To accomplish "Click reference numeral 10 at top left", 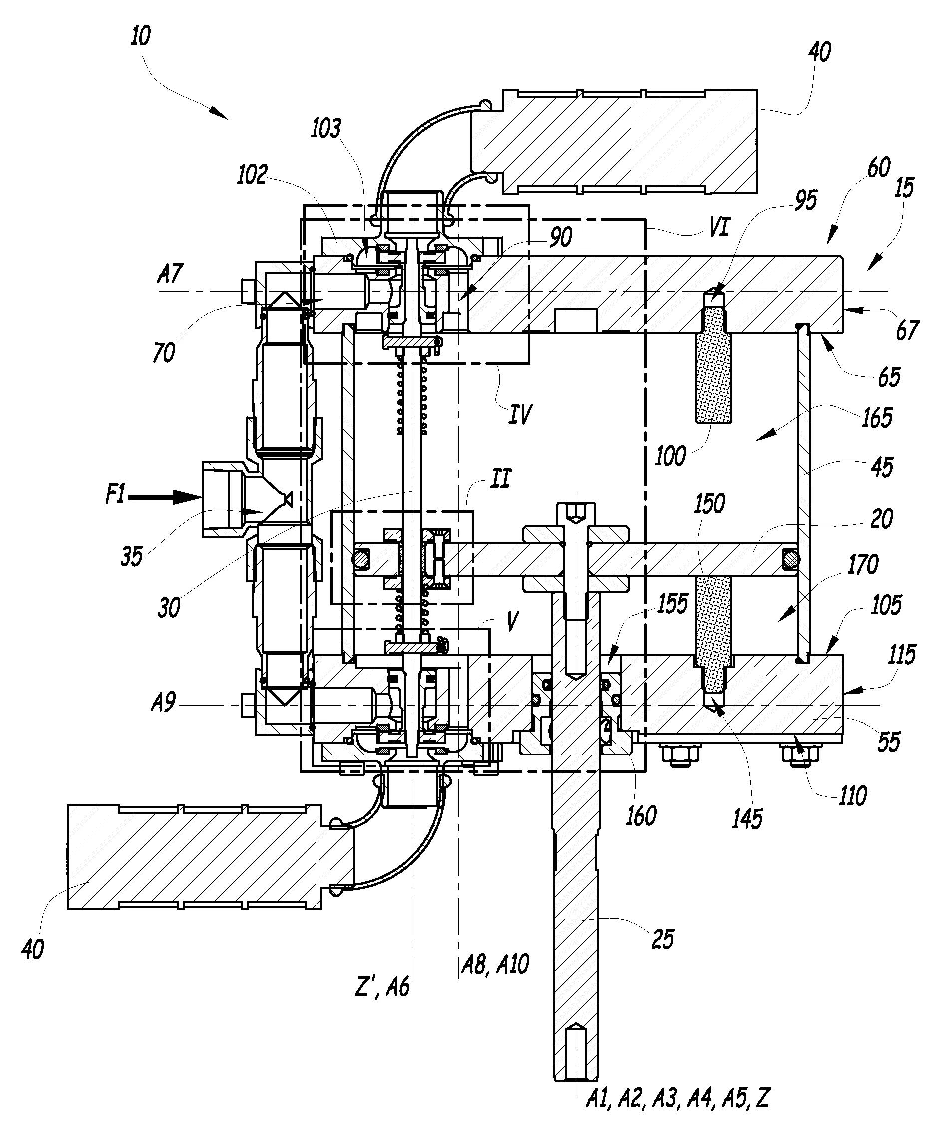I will tap(141, 37).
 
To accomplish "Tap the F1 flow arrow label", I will tap(115, 494).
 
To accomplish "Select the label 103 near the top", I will tap(326, 129).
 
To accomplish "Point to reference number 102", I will tap(252, 175).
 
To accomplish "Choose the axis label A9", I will tap(163, 703).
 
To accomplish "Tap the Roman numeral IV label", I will tap(520, 415).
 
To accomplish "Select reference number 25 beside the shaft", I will tap(662, 939).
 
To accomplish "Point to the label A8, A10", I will tap(495, 964).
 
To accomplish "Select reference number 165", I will tap(877, 418).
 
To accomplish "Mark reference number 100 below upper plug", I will tap(670, 457).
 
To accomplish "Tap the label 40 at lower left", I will tap(33, 949).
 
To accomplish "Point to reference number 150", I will tap(709, 504).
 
